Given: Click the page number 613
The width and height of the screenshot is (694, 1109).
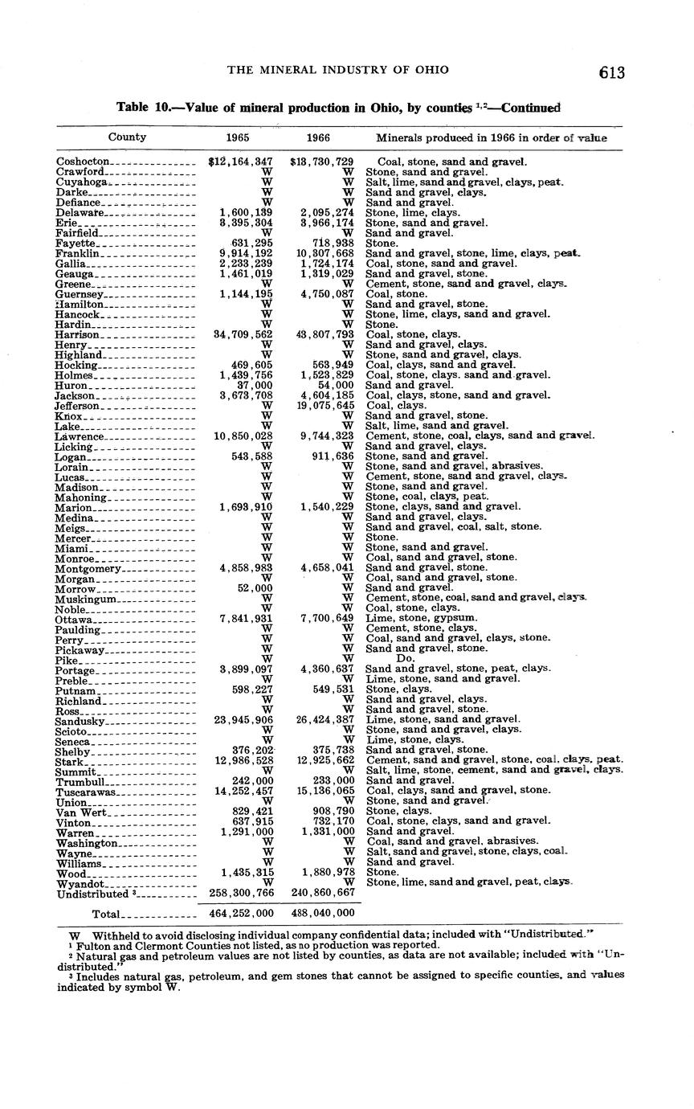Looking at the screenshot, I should tap(611, 73).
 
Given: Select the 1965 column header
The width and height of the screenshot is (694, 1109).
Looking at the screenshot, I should tap(238, 137).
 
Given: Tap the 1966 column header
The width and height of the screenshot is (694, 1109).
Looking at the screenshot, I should tap(319, 137).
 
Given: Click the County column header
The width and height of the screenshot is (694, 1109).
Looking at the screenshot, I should tap(127, 137).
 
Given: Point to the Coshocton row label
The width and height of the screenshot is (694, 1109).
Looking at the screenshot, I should tap(83, 162).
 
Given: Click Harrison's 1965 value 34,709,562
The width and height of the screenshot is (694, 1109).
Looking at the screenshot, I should tap(241, 334).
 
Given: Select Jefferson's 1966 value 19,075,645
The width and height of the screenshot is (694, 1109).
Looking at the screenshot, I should tap(322, 405).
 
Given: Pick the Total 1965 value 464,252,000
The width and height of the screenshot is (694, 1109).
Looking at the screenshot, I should tap(241, 914).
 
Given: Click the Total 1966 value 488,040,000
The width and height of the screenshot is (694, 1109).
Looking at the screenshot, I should tap(322, 914).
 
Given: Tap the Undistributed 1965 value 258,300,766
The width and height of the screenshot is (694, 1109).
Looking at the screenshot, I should tap(241, 893).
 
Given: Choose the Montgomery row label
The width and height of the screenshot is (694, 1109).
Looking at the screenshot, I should tap(88, 568).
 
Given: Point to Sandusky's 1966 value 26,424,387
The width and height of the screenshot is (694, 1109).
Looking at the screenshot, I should tap(322, 720).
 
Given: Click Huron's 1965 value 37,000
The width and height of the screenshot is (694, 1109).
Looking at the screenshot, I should tap(254, 385).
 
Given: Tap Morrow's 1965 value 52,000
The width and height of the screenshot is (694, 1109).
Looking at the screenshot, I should tap(254, 588).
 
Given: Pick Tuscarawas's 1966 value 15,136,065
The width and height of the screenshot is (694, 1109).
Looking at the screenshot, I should tap(322, 791).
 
